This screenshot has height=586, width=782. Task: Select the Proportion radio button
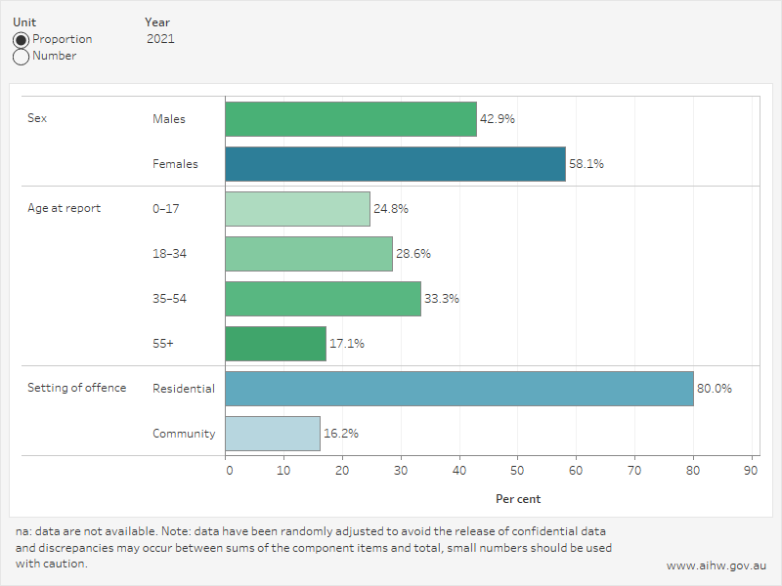coord(21,40)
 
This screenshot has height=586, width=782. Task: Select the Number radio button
coord(21,57)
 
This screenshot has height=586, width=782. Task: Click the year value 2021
coord(160,39)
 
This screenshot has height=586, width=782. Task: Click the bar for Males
coord(351,119)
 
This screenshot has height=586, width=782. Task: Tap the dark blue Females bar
coord(395,164)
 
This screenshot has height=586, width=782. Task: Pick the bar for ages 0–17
coord(297,209)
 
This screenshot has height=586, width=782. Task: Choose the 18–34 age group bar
coord(309,254)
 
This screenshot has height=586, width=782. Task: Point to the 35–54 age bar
coord(323,299)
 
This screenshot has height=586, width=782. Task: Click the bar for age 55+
coord(276,344)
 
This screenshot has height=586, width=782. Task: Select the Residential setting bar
coord(459,389)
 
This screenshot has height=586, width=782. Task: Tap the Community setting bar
coord(273,434)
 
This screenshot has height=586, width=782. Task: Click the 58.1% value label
coord(586,164)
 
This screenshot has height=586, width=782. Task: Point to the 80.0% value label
coord(714,389)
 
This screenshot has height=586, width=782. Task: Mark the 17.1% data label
coord(347,344)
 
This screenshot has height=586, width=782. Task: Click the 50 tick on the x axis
coord(518,470)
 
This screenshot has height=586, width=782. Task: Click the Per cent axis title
coord(518,499)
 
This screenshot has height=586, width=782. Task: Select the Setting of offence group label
coord(76,388)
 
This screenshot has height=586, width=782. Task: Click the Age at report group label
coord(64,208)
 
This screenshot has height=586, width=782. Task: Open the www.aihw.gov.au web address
coord(717,565)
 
